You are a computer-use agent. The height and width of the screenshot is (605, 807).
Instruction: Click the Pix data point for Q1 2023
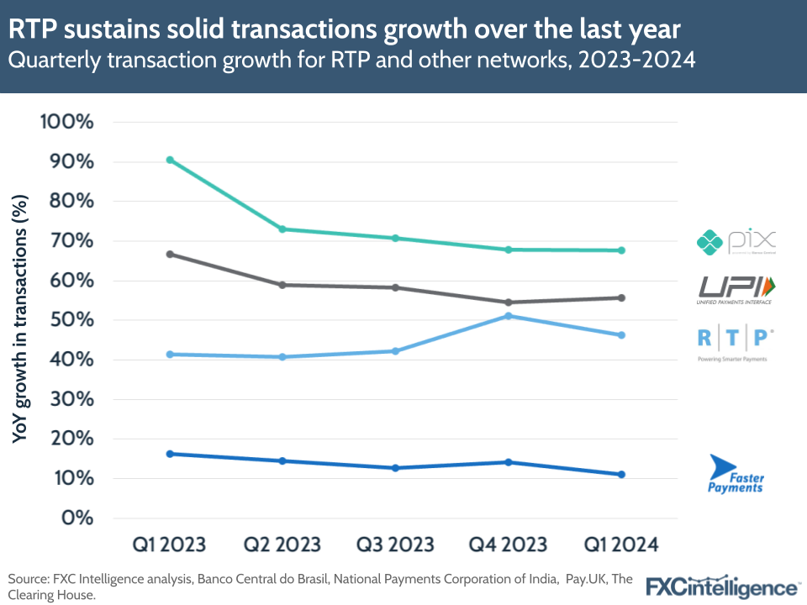tap(170, 160)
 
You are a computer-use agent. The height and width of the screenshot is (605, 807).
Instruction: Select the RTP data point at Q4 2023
tap(508, 316)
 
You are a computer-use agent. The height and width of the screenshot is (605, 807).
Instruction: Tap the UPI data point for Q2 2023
tap(282, 285)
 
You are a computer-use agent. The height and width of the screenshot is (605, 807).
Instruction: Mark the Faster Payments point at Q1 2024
tap(621, 475)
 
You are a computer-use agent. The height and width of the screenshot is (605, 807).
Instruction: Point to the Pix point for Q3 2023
tap(395, 238)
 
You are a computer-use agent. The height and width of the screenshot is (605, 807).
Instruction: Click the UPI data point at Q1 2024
tap(621, 297)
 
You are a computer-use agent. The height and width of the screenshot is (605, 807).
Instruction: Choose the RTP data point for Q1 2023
tap(170, 355)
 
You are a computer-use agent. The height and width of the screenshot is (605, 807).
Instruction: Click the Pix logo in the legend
tap(736, 242)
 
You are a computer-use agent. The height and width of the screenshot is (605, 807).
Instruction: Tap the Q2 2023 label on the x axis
tap(282, 544)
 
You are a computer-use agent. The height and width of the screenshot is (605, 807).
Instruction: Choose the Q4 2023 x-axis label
tap(508, 544)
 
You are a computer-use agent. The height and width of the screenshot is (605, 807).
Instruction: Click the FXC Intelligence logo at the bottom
tap(722, 586)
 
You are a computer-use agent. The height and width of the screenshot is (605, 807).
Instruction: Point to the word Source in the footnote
tap(28, 579)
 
